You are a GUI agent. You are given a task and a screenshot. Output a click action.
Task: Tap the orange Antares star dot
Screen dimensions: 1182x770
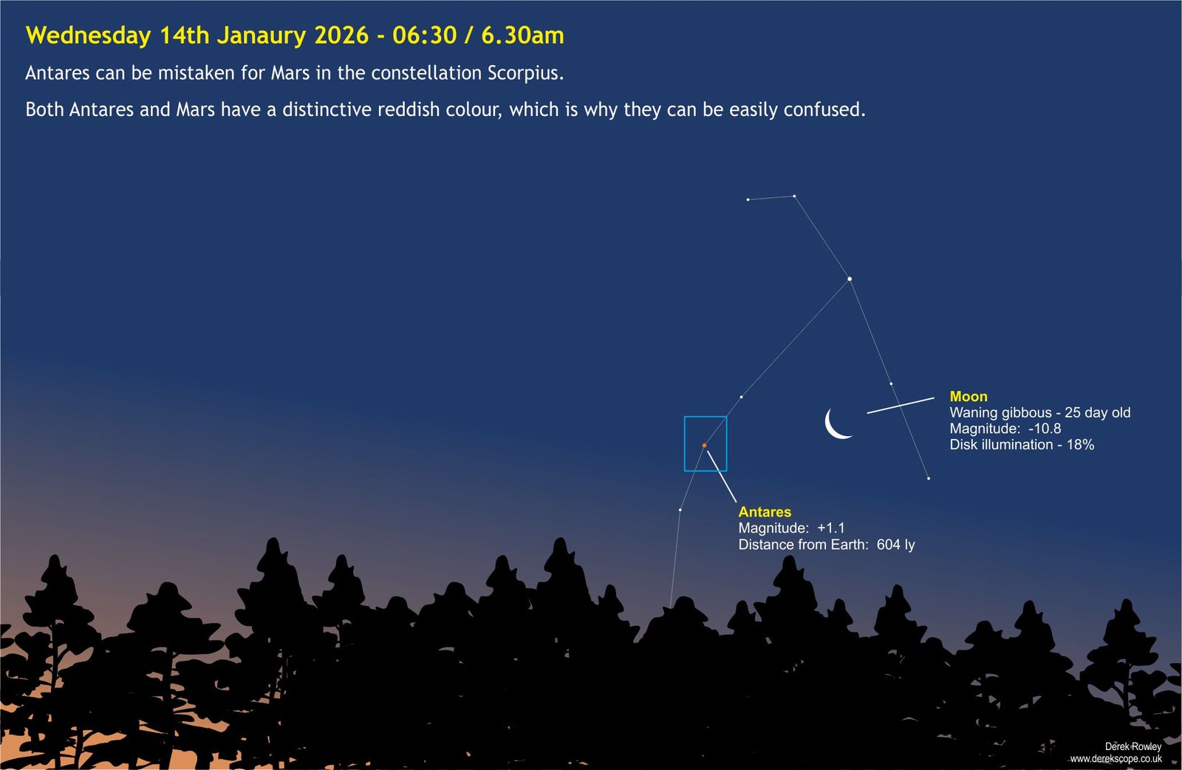[705, 446]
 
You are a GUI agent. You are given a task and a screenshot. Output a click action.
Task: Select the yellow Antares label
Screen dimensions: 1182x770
[765, 512]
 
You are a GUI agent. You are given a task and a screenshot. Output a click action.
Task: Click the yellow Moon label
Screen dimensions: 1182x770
[969, 396]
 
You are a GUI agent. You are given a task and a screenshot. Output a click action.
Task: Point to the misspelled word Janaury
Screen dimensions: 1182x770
[262, 36]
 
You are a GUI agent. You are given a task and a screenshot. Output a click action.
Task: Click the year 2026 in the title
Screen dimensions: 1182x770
[341, 36]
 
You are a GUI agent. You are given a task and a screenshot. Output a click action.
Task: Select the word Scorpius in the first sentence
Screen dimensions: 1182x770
[525, 73]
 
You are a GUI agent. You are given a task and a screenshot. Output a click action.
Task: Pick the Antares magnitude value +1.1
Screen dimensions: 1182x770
[831, 528]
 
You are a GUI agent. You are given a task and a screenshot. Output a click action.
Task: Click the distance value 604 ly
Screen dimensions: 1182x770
[896, 545]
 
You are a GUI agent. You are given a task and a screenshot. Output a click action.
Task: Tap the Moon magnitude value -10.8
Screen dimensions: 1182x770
[1045, 429]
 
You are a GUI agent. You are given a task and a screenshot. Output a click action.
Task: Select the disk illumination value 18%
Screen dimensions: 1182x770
[1080, 445]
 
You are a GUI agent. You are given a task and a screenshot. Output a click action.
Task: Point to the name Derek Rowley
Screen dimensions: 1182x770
[1133, 747]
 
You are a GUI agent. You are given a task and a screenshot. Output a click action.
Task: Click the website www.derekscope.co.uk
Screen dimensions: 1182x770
[1116, 759]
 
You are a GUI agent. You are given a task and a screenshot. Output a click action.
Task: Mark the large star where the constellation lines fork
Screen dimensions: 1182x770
[850, 279]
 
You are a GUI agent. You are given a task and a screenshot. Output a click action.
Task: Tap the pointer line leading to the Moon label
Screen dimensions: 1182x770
[901, 405]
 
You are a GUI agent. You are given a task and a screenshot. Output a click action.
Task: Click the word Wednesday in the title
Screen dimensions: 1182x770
[89, 36]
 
